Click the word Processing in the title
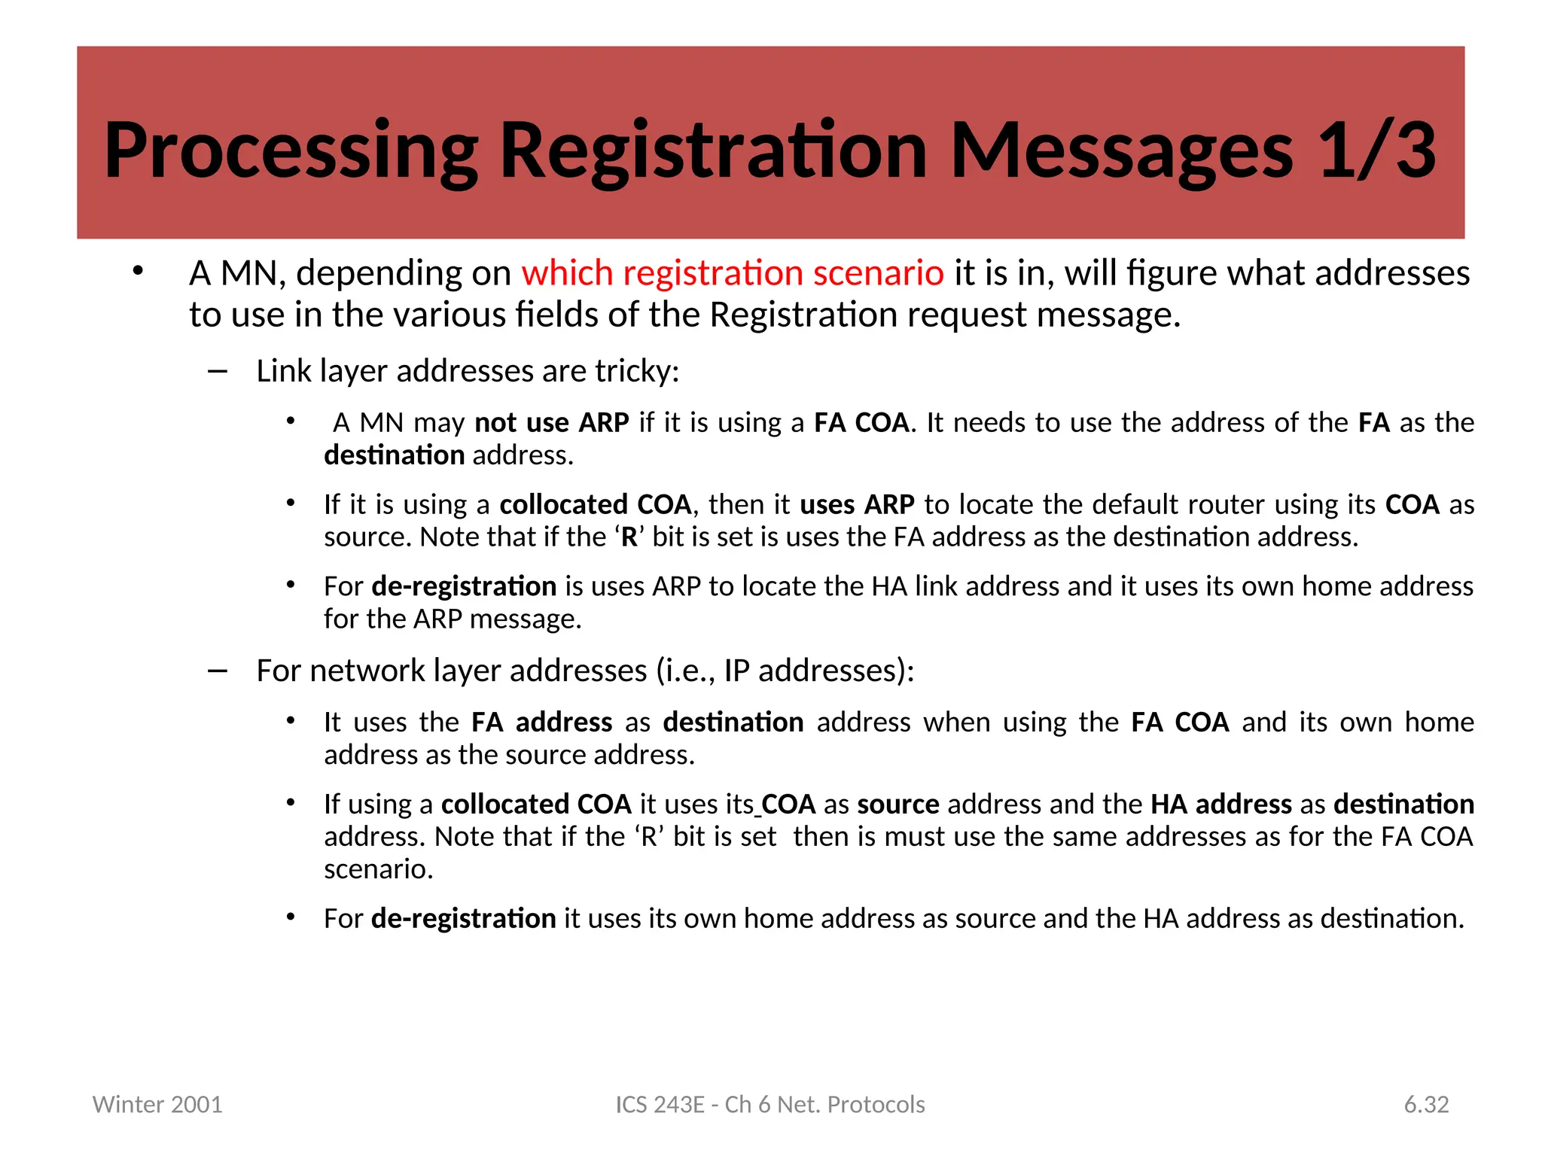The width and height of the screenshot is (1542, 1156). click(x=291, y=151)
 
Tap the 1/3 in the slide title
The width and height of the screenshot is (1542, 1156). click(x=1377, y=151)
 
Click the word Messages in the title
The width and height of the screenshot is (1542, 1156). click(x=1122, y=151)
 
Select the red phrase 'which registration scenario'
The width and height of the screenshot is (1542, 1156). click(x=732, y=273)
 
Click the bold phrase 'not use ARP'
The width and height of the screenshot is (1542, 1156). click(x=551, y=423)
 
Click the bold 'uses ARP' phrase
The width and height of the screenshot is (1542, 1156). click(x=857, y=504)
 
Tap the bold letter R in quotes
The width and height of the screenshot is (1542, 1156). click(x=629, y=537)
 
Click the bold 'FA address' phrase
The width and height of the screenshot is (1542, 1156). click(x=541, y=722)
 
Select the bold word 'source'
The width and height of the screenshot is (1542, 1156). click(x=898, y=805)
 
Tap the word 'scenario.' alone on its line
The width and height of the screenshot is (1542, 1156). click(x=379, y=869)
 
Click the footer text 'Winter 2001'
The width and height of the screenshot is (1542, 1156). click(x=157, y=1104)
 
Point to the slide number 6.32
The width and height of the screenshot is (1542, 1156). click(x=1426, y=1104)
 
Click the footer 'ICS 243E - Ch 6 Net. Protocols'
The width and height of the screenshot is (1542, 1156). click(x=770, y=1104)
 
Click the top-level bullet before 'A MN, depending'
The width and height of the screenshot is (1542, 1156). click(x=137, y=272)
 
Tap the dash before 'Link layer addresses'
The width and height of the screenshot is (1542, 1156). click(x=218, y=371)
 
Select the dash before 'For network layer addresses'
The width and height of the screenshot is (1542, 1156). click(x=218, y=671)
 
